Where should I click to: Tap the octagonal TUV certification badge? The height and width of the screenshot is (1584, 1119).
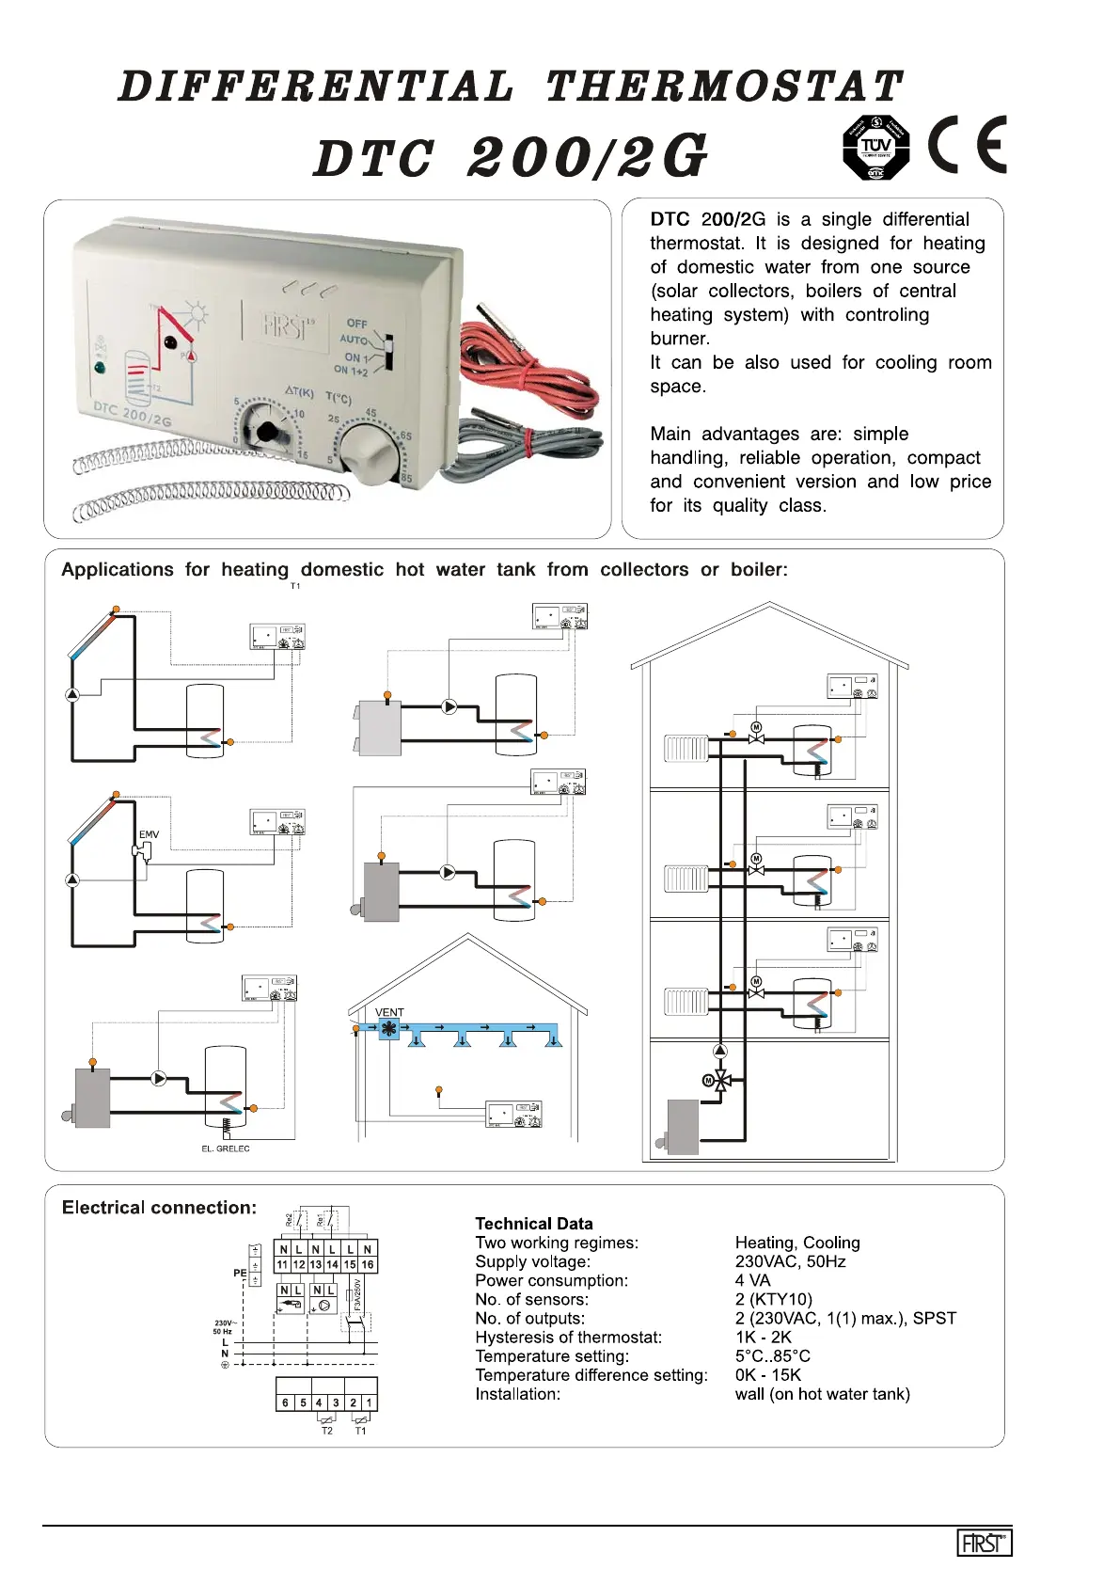pyautogui.click(x=875, y=148)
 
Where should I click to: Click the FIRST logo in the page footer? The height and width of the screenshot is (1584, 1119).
pyautogui.click(x=984, y=1543)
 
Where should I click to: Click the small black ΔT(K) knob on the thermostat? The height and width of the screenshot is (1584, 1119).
pyautogui.click(x=268, y=432)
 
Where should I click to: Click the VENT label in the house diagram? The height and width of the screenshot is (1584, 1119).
pyautogui.click(x=389, y=1012)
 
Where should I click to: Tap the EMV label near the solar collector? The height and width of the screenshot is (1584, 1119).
pyautogui.click(x=149, y=834)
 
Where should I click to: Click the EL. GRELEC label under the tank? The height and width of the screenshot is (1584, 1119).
pyautogui.click(x=226, y=1148)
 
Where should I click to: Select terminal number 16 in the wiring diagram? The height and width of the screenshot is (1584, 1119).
pyautogui.click(x=368, y=1265)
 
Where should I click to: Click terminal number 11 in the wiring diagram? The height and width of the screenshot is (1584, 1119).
pyautogui.click(x=282, y=1265)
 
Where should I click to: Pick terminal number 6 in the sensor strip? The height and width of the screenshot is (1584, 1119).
pyautogui.click(x=285, y=1402)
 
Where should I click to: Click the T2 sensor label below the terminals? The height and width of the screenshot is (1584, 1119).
pyautogui.click(x=326, y=1431)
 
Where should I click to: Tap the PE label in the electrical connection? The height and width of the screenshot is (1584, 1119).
pyautogui.click(x=240, y=1273)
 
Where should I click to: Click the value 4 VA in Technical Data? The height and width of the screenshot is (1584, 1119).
pyautogui.click(x=752, y=1280)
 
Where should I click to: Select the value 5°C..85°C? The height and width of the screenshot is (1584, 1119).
pyautogui.click(x=772, y=1355)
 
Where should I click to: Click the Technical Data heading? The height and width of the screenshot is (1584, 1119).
pyautogui.click(x=533, y=1223)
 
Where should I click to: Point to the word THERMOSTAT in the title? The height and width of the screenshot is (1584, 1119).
pyautogui.click(x=724, y=87)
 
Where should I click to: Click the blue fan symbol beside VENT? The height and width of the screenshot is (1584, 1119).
pyautogui.click(x=387, y=1029)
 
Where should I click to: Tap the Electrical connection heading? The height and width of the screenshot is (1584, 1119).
pyautogui.click(x=159, y=1207)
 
